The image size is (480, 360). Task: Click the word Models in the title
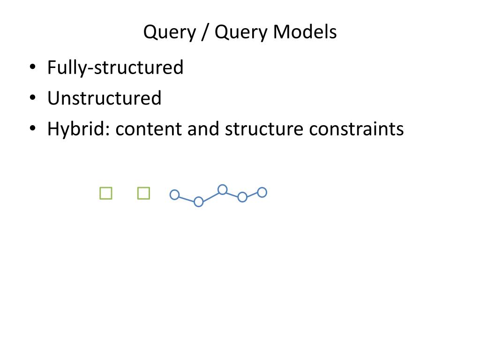click(305, 32)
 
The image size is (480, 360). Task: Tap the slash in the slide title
click(204, 32)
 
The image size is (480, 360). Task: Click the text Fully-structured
click(115, 67)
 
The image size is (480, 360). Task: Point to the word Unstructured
click(104, 98)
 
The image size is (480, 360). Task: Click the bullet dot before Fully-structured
click(32, 67)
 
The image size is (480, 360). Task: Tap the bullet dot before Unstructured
click(32, 98)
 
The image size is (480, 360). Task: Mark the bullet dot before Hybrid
click(32, 129)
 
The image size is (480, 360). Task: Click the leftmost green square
click(106, 193)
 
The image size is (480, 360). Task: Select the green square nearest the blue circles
click(143, 193)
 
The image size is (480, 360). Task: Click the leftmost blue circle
click(174, 195)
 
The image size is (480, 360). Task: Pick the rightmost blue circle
click(262, 192)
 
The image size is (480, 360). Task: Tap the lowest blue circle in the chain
click(198, 202)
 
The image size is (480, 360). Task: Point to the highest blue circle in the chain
click(223, 189)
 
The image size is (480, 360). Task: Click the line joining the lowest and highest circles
click(210, 195)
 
